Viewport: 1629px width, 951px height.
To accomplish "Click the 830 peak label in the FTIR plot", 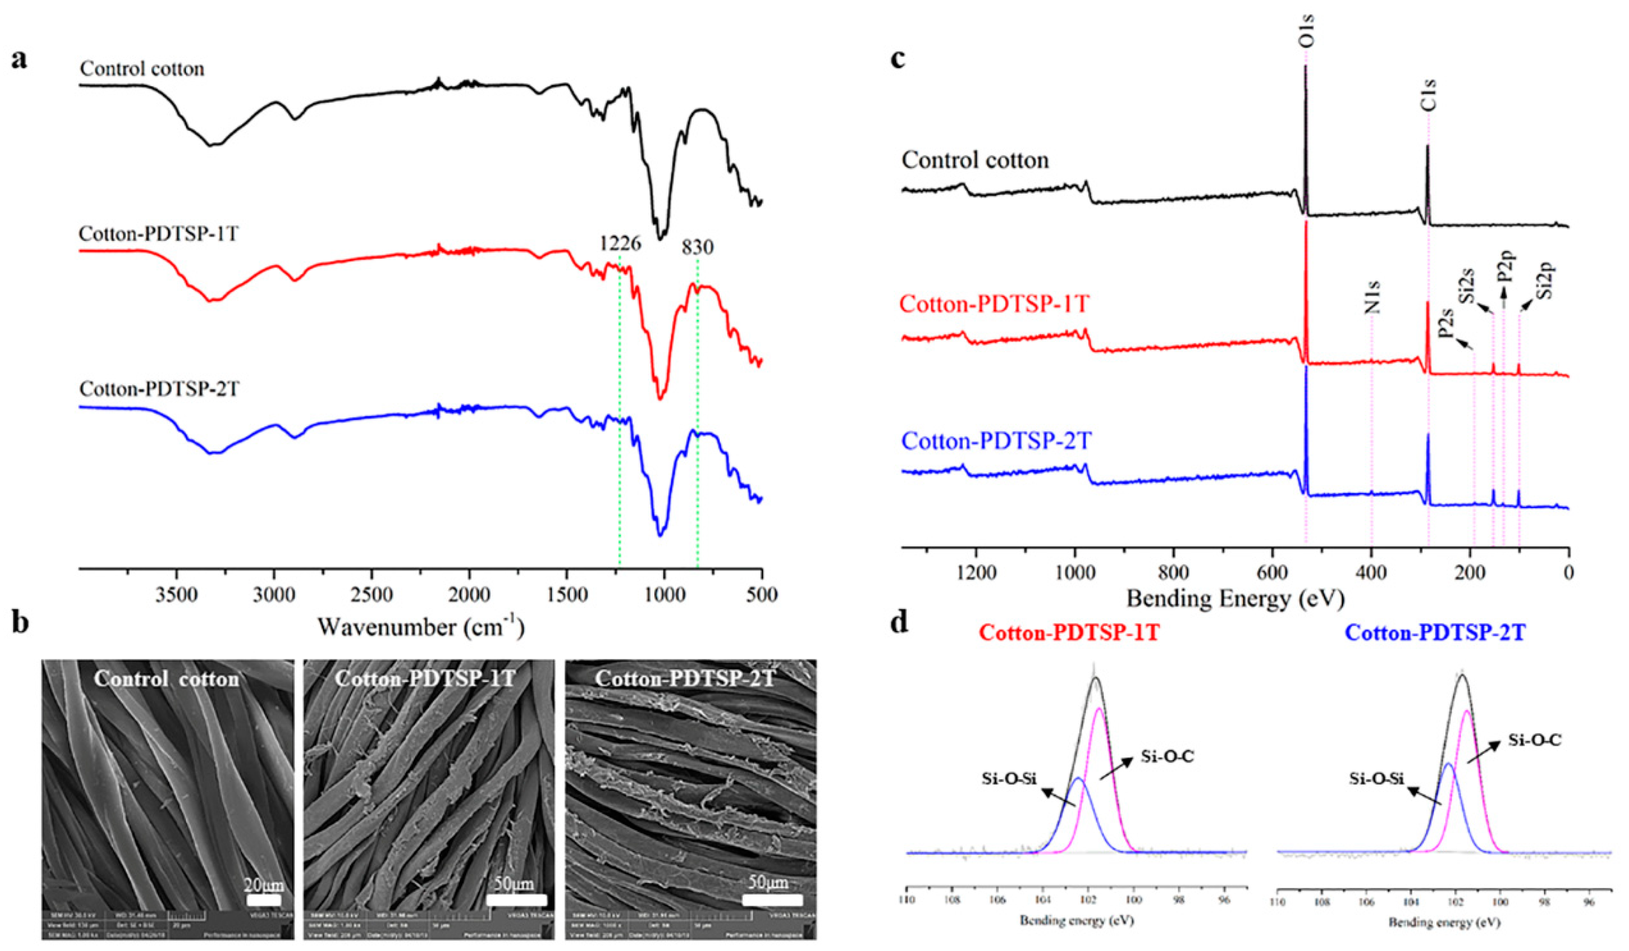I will point(698,247).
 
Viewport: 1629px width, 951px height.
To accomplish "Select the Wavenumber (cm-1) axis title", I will point(420,626).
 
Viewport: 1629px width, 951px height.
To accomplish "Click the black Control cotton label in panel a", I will point(142,69).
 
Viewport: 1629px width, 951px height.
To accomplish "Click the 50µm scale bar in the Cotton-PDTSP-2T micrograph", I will point(772,899).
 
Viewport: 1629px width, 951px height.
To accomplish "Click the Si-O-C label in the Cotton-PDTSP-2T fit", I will point(1535,741).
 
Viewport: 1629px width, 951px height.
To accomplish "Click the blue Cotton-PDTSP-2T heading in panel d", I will point(1435,633).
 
